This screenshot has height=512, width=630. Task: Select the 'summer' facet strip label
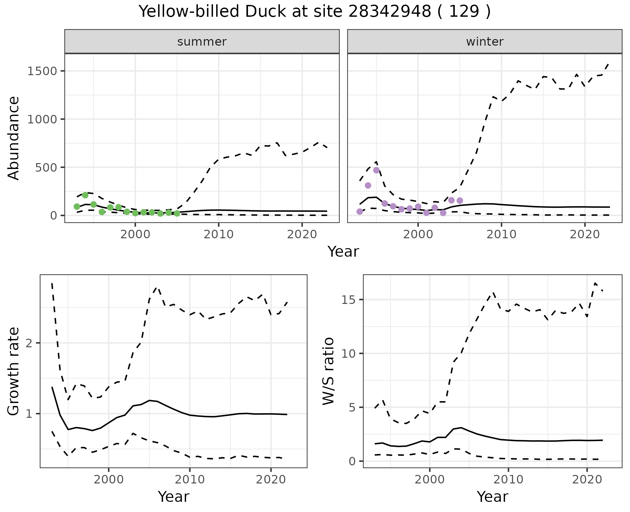202,42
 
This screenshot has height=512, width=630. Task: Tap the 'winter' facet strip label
485,42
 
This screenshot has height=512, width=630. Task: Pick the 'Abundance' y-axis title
14,138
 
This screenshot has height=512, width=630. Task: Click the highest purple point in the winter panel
376,170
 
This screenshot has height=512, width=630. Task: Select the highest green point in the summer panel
85,195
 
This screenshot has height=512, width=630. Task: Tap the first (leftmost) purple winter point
360,211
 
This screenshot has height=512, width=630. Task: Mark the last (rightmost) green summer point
177,213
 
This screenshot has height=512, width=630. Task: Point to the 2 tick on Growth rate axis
31,343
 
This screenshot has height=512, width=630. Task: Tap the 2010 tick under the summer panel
219,234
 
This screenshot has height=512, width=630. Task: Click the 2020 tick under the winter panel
585,234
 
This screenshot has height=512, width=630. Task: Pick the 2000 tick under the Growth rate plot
109,479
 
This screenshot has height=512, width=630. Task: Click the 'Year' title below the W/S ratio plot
493,497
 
